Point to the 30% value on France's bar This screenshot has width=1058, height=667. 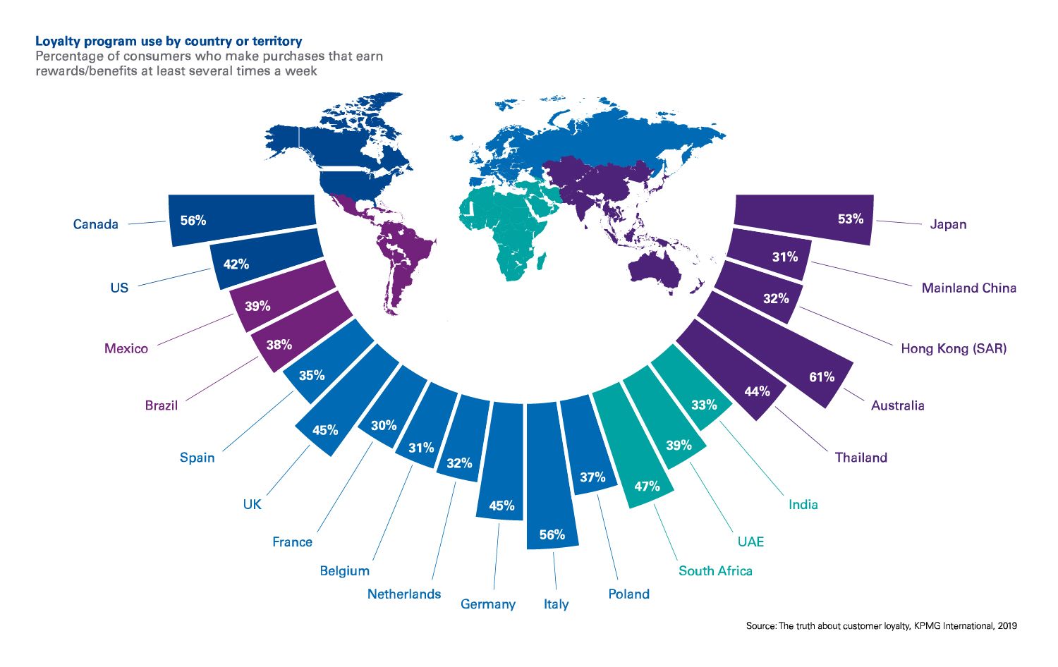tap(384, 425)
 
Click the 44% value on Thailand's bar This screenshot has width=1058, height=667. tap(757, 391)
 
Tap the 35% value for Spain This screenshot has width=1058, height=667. tap(312, 375)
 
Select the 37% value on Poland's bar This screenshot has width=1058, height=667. tap(592, 477)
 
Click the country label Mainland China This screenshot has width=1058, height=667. tap(968, 288)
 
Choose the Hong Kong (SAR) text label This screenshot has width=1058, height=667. tap(953, 348)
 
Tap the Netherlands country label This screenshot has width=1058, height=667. tap(404, 594)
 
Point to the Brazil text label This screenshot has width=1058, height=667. tap(162, 405)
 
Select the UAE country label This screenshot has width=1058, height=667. tap(750, 541)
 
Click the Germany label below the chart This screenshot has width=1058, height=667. tap(488, 604)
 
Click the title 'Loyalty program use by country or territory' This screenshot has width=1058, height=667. tap(169, 42)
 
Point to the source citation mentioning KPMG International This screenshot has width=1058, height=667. tap(881, 625)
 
